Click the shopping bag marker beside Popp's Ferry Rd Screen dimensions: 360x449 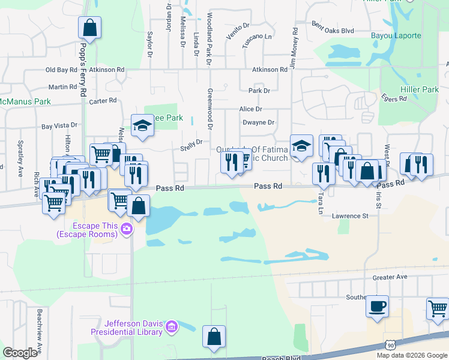pos(89,28)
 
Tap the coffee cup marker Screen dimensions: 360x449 pos(377,307)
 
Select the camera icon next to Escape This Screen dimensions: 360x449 pos(126,228)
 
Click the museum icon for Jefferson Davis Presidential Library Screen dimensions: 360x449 pos(172,327)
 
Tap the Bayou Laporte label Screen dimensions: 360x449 pos(399,35)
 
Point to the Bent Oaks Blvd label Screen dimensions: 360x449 pos(333,27)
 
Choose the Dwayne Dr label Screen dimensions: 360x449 pos(258,122)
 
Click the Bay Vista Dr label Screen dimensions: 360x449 pos(59,126)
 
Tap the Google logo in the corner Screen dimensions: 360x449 pos(20,352)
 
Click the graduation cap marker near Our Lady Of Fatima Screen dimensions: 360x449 pos(301,145)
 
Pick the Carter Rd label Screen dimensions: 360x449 pos(102,101)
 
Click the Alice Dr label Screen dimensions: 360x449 pos(250,109)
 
